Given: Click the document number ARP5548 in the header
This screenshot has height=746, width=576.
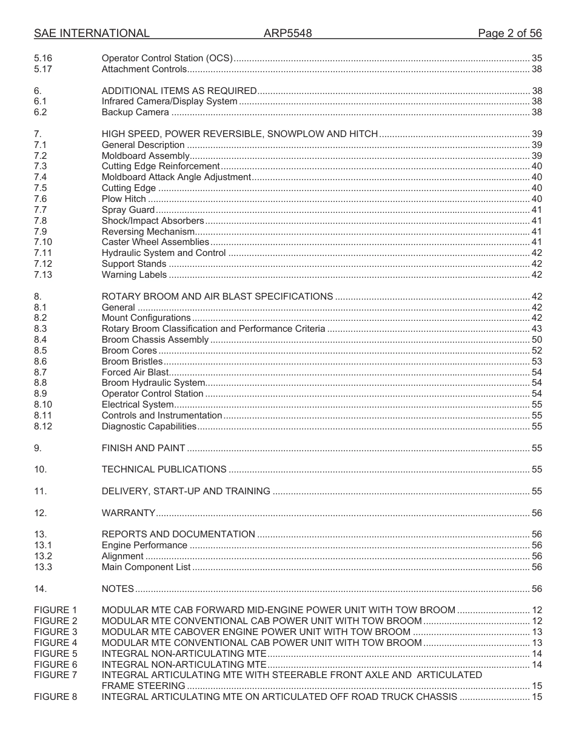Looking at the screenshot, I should point(287,33).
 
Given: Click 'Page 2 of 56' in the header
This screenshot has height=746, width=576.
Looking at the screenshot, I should point(509,33).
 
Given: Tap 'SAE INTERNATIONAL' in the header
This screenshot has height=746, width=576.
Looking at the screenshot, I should point(92,33).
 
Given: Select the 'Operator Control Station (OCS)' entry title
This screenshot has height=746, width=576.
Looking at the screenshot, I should point(167,58).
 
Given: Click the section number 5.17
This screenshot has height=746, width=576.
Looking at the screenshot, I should point(43,69).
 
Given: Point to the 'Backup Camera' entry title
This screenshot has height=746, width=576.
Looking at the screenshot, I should point(135,112).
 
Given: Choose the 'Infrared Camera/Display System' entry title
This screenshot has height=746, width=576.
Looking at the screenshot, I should point(169,101).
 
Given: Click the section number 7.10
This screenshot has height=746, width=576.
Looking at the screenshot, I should point(43,242).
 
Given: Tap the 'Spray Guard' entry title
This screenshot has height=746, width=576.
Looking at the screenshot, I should point(128,210).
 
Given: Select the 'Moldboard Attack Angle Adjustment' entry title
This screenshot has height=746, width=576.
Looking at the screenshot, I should point(176,177).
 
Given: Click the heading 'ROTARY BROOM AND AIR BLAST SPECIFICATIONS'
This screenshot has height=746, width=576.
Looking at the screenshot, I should point(217,297).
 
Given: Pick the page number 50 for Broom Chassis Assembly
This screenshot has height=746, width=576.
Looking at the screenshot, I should point(537,340).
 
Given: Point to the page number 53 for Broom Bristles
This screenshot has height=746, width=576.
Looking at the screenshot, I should point(537,361).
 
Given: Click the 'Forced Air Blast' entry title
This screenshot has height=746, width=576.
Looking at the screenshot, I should point(135,372).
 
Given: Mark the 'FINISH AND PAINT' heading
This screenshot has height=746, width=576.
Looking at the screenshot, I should point(143,448).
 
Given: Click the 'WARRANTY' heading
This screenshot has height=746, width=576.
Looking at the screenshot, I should point(129,513).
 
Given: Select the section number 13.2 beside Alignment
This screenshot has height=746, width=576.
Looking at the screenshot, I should point(43,556).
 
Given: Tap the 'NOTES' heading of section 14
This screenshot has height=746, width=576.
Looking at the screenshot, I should point(118,589).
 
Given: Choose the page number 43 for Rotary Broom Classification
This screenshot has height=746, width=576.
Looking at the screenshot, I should point(537,329).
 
